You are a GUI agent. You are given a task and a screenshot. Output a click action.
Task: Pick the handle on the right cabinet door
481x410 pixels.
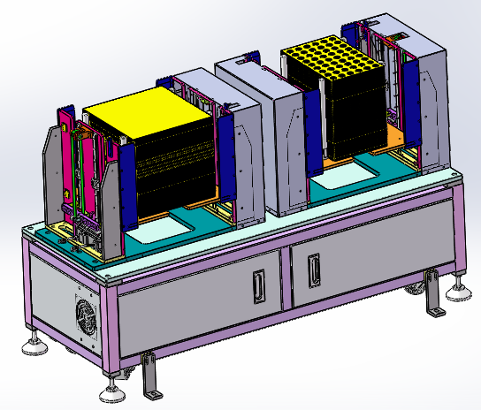point(313,270)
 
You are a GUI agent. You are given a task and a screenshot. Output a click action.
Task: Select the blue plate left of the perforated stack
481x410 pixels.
point(312,133)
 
